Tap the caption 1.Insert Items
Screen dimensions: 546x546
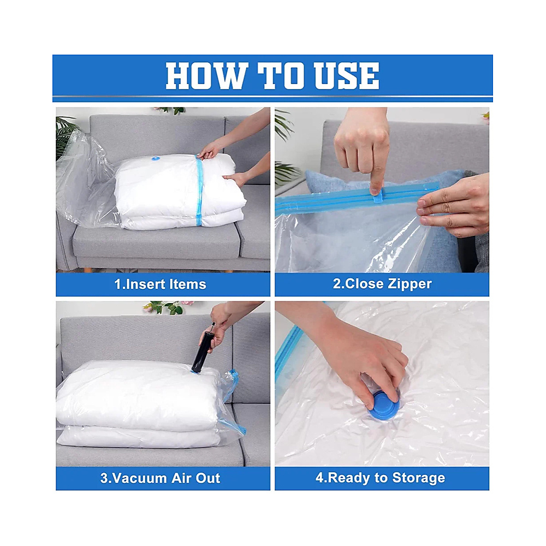click(x=160, y=284)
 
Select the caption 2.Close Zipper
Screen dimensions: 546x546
click(x=382, y=284)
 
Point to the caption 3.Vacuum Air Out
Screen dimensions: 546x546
click(x=160, y=478)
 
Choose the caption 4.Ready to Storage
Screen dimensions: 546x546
click(x=380, y=478)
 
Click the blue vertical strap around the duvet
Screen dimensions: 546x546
click(x=199, y=191)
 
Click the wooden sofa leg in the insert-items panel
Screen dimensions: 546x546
click(x=86, y=270)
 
